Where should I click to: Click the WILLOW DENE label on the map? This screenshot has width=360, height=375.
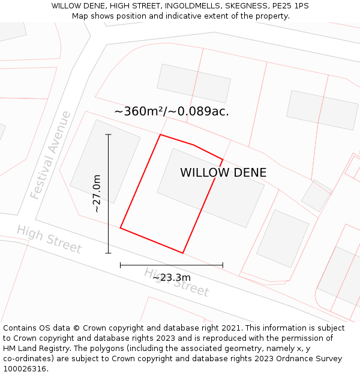[x=223, y=173]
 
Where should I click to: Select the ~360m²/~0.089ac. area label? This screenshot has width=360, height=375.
[x=172, y=112]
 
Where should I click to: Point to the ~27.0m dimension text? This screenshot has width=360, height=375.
[x=97, y=193]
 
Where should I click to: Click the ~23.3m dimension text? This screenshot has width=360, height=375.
[x=172, y=277]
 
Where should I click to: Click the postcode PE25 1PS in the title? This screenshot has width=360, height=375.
[x=290, y=6]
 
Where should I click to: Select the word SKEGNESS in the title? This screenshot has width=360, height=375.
[x=244, y=6]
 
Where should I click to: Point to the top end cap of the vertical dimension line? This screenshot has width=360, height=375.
[x=109, y=134]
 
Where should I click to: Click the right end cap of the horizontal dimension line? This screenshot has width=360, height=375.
[x=223, y=265]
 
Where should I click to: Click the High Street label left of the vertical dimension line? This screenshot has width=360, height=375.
[x=49, y=239]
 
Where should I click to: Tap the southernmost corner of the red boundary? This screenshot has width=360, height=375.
[x=183, y=253]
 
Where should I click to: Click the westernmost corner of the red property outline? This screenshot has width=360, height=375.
[x=121, y=228]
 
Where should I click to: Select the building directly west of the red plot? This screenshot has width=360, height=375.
[x=105, y=161]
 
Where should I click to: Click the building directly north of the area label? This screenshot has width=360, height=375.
[x=194, y=83]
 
